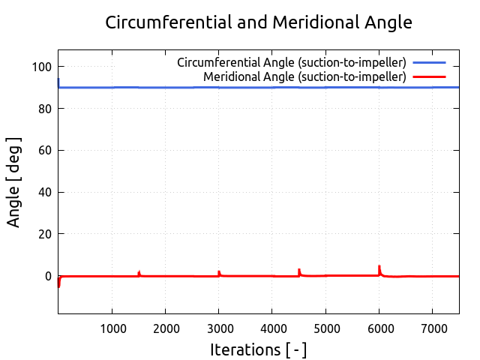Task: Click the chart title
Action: pos(259,22)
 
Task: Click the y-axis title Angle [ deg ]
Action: pos(14,182)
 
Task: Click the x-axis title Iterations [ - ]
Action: pos(259,349)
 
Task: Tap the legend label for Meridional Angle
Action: pos(304,76)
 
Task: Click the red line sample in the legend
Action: pos(429,76)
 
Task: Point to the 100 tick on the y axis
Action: pos(43,67)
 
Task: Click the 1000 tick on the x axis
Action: pos(112,327)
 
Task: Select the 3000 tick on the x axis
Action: pos(218,327)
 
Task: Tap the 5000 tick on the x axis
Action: pos(325,327)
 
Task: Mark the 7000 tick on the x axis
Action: pos(432,327)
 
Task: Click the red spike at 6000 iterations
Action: pos(379,268)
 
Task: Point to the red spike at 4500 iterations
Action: pos(299,271)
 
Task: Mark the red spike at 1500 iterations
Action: pos(139,272)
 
